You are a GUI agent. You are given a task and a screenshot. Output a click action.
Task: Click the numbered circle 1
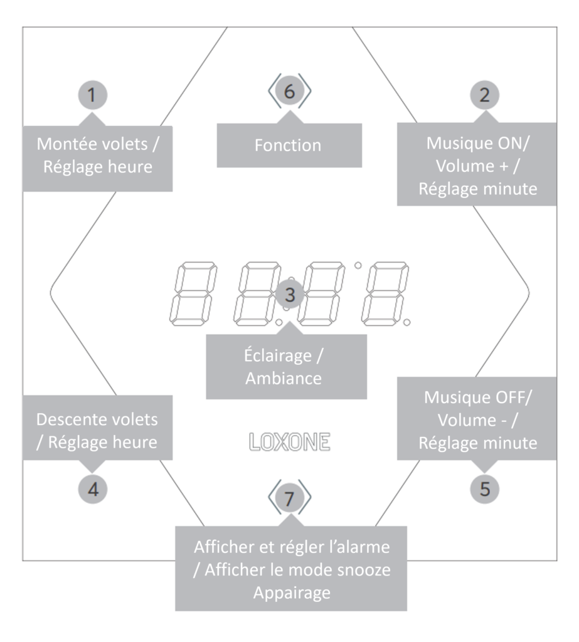[92, 95]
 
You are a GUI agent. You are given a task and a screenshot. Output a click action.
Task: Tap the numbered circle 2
[484, 95]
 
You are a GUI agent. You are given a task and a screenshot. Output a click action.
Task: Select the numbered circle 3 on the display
[289, 293]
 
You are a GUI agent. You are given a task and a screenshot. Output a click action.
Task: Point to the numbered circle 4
[92, 488]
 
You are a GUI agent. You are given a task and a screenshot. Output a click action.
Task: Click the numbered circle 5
[484, 488]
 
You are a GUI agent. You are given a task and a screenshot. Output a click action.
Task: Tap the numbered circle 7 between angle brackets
[289, 498]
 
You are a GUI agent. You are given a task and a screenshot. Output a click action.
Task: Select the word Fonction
[289, 145]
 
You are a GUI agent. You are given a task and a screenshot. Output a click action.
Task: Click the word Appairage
[290, 593]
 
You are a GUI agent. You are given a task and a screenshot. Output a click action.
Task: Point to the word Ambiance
[285, 379]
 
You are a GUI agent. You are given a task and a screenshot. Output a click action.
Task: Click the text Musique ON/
[477, 142]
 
